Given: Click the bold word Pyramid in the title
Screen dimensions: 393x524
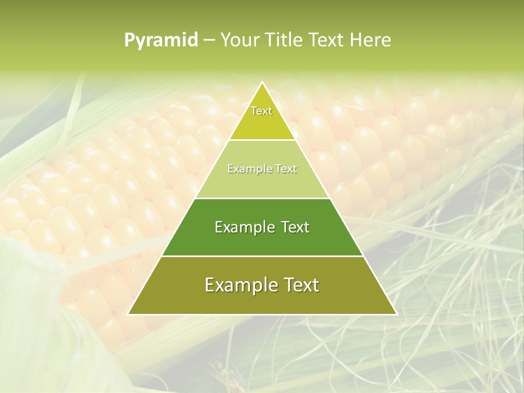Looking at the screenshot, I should (x=161, y=40).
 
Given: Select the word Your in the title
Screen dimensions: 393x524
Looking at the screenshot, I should (x=239, y=40).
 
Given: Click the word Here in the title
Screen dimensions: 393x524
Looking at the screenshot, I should (x=371, y=40).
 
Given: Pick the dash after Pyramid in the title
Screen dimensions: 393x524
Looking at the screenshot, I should (x=209, y=40).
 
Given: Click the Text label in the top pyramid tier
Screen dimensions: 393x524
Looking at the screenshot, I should (x=261, y=111).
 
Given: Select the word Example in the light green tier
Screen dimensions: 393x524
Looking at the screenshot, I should (x=248, y=169).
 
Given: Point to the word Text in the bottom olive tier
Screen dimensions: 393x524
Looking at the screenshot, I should (x=299, y=285).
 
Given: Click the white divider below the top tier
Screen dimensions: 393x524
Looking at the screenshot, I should (x=262, y=140).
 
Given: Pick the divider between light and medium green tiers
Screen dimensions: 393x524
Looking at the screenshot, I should (x=262, y=198).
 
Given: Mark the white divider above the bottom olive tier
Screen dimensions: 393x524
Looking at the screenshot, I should (x=262, y=256).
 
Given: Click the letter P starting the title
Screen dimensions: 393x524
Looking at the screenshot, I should (x=129, y=40).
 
